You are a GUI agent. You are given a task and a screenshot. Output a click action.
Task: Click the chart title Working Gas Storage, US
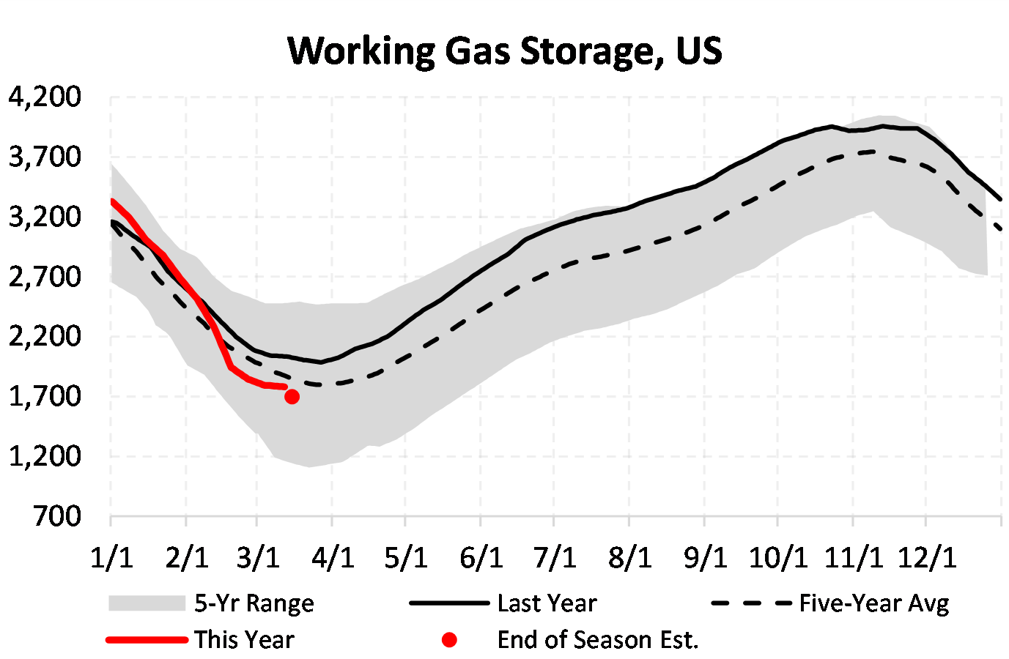coord(505,51)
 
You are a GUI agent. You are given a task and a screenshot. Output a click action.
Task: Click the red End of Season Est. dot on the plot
coord(292,397)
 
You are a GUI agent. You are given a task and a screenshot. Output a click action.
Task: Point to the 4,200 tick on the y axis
coord(45,97)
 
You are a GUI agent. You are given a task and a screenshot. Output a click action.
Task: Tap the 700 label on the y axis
coord(57,516)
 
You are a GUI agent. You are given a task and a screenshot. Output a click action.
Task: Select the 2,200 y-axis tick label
coord(45,336)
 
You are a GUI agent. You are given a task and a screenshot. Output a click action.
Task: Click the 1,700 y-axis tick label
coord(45,396)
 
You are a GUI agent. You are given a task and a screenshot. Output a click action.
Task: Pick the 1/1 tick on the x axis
coord(112,557)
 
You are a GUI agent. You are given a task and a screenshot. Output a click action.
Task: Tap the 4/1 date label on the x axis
coord(333,557)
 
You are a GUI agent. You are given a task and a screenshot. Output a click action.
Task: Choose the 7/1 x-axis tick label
coord(555,557)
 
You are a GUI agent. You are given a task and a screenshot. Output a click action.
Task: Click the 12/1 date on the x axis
coord(928,557)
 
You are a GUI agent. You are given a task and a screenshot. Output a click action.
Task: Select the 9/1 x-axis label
coord(705,557)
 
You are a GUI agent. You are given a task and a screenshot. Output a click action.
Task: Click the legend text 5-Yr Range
coord(254,603)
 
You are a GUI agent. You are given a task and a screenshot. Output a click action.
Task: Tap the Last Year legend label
coord(547,603)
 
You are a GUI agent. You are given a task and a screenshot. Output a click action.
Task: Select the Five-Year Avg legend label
coord(874,603)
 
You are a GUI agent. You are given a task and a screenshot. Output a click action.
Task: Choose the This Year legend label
coord(244,640)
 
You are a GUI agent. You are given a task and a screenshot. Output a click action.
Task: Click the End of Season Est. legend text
coord(598,640)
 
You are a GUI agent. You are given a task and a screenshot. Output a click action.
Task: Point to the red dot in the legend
coord(450,640)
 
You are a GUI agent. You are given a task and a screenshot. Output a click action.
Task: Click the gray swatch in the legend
coord(147,603)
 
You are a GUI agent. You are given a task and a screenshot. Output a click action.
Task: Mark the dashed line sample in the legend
coord(752,603)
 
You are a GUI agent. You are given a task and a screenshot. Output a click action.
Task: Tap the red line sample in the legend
coord(147,640)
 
